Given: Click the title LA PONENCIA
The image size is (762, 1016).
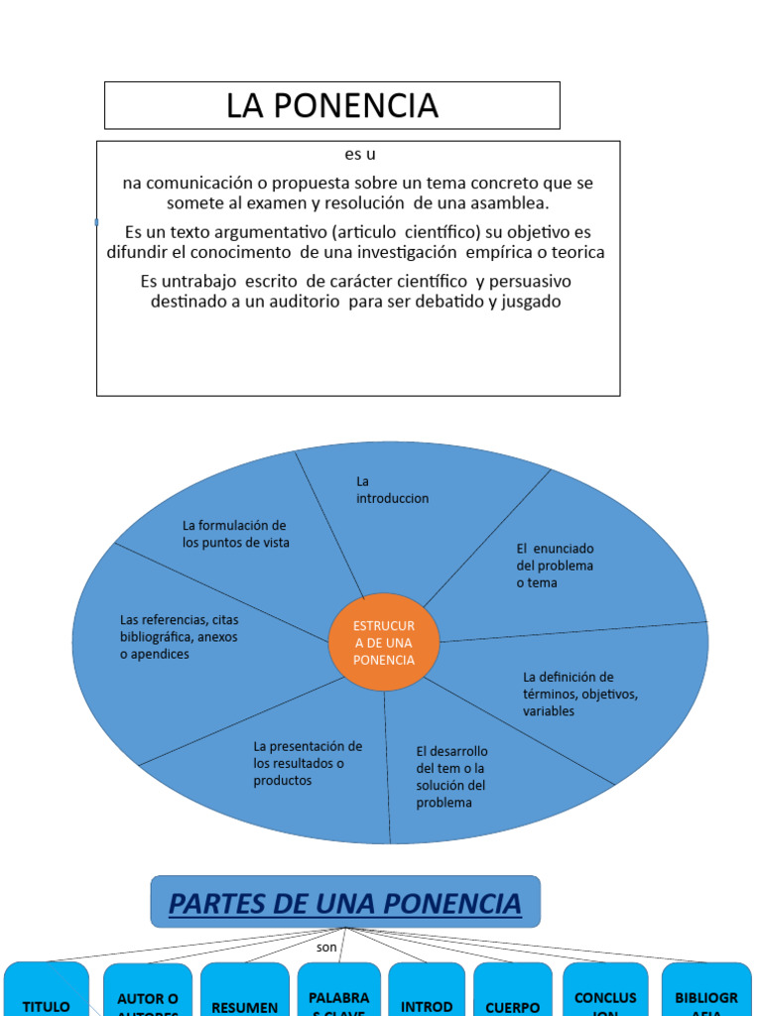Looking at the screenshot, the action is [x=331, y=105].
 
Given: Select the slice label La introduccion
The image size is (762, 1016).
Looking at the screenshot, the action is [x=392, y=489].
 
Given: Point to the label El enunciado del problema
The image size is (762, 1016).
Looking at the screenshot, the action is [x=555, y=566].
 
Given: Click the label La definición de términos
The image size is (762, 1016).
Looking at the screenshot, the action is [x=579, y=694].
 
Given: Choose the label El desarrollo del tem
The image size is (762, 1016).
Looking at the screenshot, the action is [x=451, y=777].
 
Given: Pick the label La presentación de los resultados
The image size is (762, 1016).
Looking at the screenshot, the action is [x=308, y=763].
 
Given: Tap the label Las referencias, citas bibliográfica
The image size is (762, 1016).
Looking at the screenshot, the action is [x=179, y=637].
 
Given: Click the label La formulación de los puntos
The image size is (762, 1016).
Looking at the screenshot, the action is [x=235, y=534].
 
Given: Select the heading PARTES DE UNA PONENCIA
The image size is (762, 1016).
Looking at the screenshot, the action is [x=344, y=904].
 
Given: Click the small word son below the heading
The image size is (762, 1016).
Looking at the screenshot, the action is [x=327, y=948].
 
